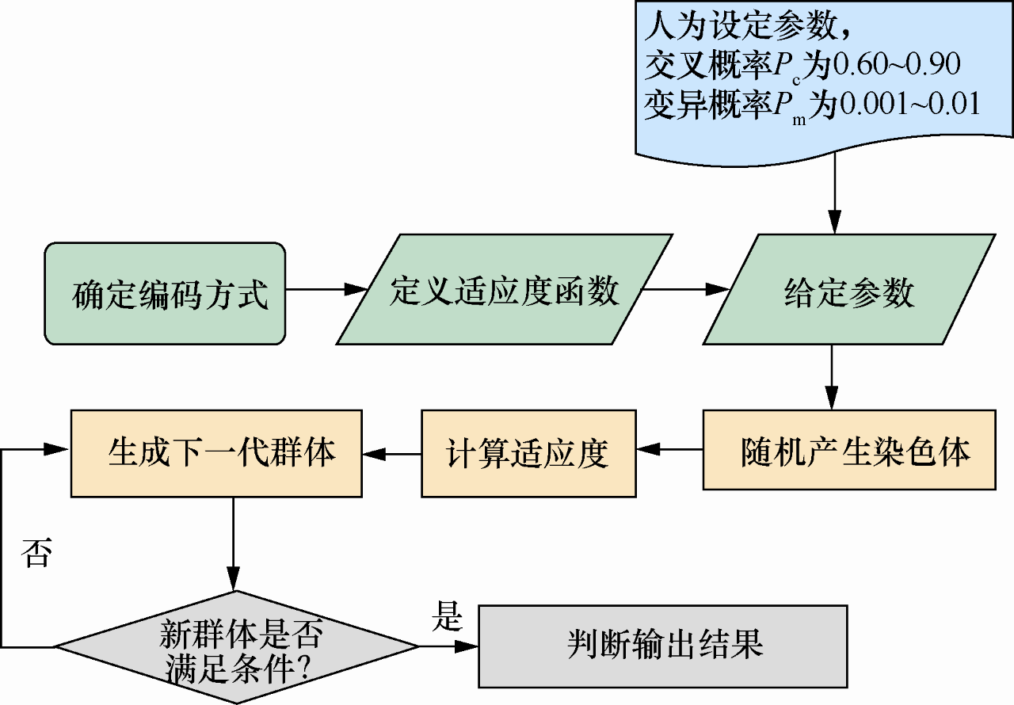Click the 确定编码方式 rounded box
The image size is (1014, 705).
165,294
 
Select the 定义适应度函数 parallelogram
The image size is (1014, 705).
505,290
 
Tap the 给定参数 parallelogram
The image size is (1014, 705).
848,291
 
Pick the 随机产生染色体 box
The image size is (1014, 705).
848,453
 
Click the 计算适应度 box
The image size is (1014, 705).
528,453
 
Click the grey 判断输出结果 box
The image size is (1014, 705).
664,646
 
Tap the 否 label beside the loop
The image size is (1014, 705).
35,553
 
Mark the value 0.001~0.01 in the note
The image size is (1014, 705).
909,105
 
